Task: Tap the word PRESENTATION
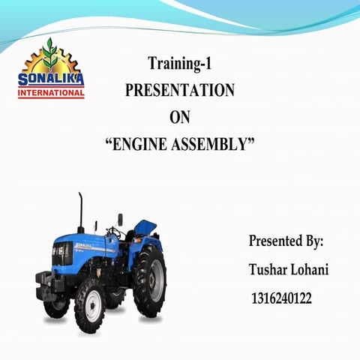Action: [180, 90]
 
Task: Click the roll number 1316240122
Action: [281, 298]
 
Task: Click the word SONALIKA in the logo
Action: [51, 80]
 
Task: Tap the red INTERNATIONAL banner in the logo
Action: [51, 94]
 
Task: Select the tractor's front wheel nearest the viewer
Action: [89, 305]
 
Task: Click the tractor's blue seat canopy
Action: [145, 227]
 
